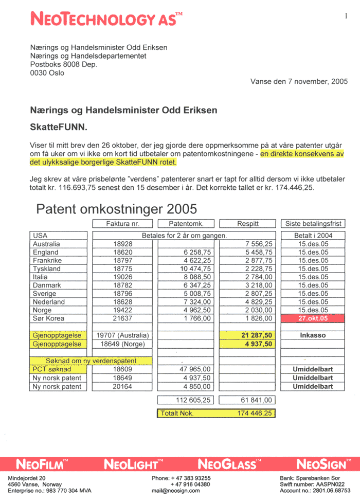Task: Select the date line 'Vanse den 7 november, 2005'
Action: pos(299,81)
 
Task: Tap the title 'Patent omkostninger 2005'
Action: pos(117,209)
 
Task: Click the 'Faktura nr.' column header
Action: pos(123,224)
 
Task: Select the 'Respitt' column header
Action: pos(248,224)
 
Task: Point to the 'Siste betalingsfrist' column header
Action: pos(313,224)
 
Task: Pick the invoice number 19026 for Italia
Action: pos(123,277)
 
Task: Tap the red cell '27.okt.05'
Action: pos(313,318)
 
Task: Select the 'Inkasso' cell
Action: pos(313,335)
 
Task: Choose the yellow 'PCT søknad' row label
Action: pos(52,369)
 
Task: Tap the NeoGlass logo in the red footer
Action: pos(227,464)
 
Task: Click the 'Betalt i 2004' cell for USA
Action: pos(313,236)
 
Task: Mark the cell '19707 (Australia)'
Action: pos(123,335)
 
